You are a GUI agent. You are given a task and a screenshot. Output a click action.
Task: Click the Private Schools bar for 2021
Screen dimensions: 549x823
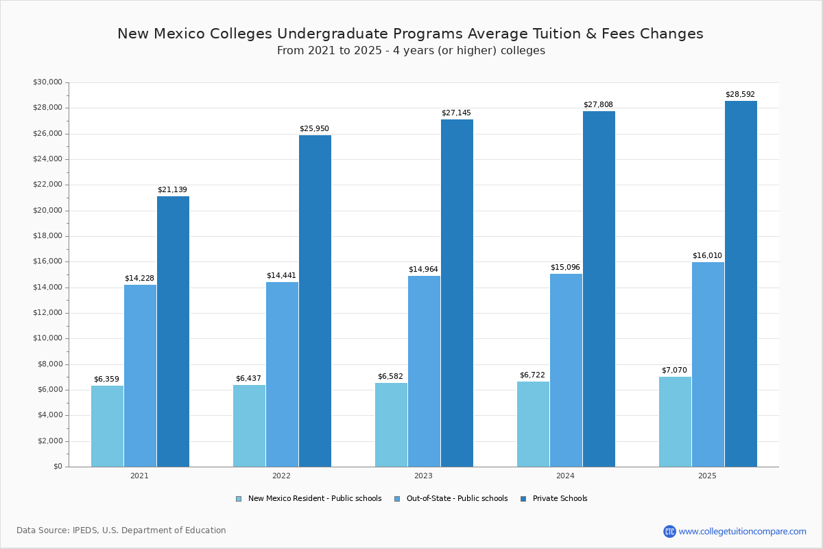[173, 331]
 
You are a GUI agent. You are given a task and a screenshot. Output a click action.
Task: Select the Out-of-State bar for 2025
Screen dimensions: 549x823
[708, 364]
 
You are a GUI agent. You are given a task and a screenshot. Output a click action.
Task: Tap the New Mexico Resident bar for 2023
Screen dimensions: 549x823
[391, 425]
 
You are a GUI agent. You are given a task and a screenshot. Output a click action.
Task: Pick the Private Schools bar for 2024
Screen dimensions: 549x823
[599, 289]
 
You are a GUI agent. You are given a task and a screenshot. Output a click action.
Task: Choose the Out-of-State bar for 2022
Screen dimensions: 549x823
[282, 374]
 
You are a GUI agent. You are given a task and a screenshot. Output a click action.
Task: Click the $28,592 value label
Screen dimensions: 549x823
[740, 95]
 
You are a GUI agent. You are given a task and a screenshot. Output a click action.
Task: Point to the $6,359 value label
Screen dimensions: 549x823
[106, 379]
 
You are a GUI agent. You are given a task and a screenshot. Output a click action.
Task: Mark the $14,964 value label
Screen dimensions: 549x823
[423, 270]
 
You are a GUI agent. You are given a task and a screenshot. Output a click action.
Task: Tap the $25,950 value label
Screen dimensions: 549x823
[314, 129]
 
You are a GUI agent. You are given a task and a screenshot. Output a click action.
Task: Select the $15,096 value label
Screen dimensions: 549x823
[565, 268]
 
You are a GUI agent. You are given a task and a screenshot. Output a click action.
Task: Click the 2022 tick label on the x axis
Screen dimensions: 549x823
[281, 476]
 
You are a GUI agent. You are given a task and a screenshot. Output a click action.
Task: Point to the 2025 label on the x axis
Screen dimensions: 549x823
[707, 476]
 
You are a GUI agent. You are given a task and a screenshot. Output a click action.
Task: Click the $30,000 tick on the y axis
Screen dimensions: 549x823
[47, 82]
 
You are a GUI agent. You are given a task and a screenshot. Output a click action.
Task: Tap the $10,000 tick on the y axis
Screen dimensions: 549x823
[47, 338]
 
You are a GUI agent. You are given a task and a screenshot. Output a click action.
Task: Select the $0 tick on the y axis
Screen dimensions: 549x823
[58, 467]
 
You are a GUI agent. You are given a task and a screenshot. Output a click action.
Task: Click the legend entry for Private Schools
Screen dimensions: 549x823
[560, 499]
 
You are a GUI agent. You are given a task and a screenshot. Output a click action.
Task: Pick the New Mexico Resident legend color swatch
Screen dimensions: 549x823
[239, 499]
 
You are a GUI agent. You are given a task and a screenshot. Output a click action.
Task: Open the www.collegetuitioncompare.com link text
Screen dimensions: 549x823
[742, 531]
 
